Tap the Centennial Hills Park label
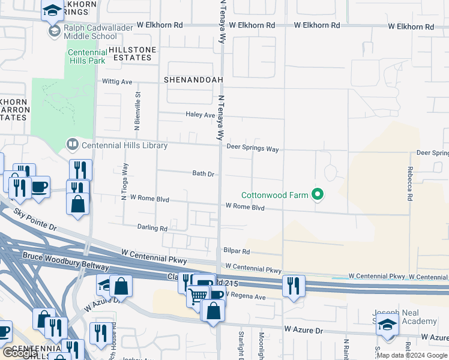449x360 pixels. pyautogui.click(x=86, y=56)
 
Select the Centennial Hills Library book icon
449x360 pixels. pyautogui.click(x=72, y=144)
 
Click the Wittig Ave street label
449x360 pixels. pyautogui.click(x=117, y=82)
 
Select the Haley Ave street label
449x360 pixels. pyautogui.click(x=200, y=115)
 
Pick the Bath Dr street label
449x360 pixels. pyautogui.click(x=203, y=173)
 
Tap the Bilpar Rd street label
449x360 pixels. pyautogui.click(x=237, y=252)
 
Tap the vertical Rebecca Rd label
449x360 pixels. pyautogui.click(x=409, y=184)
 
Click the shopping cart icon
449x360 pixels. pyautogui.click(x=197, y=296)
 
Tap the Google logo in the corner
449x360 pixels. pyautogui.click(x=20, y=353)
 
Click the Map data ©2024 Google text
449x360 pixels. pyautogui.click(x=411, y=355)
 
